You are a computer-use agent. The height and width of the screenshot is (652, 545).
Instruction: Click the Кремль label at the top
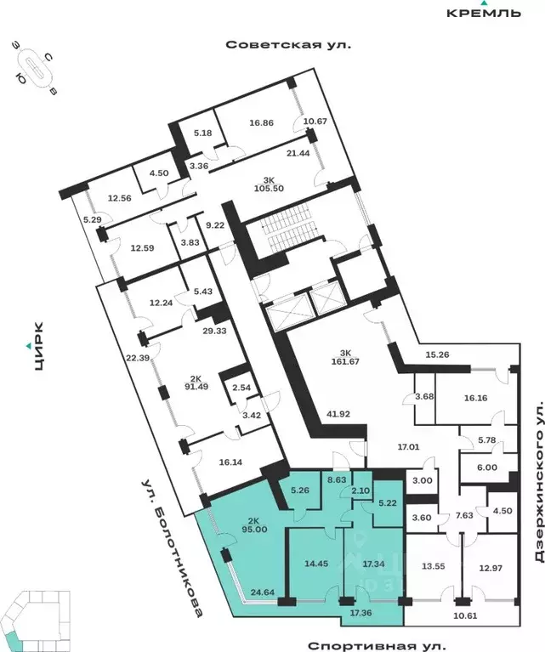tap(484, 12)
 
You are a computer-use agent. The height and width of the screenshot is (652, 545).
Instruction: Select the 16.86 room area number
tap(261, 122)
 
